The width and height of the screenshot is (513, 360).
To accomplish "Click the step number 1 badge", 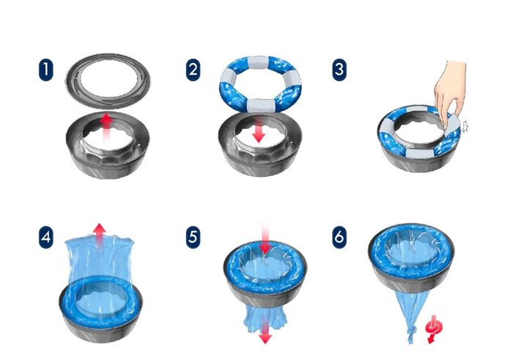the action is pyautogui.click(x=45, y=70).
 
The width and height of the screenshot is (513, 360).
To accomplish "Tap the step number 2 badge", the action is pyautogui.click(x=193, y=70).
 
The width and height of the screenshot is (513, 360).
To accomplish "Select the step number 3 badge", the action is pyautogui.click(x=339, y=70).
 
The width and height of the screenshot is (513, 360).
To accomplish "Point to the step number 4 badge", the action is pyautogui.click(x=45, y=237).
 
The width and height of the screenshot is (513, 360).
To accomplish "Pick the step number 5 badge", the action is pyautogui.click(x=193, y=237).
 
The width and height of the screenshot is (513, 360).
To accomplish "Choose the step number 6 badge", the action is pyautogui.click(x=339, y=237).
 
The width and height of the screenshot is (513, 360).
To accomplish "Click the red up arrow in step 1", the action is pyautogui.click(x=106, y=128).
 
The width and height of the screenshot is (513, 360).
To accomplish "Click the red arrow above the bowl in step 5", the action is pyautogui.click(x=265, y=238).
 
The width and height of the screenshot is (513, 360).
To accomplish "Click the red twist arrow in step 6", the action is pyautogui.click(x=434, y=329).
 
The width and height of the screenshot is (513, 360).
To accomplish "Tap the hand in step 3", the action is pyautogui.click(x=450, y=92).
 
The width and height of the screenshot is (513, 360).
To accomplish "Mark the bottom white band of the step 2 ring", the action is pyautogui.click(x=259, y=105).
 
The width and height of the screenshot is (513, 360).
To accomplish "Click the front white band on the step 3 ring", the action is pyautogui.click(x=420, y=153).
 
